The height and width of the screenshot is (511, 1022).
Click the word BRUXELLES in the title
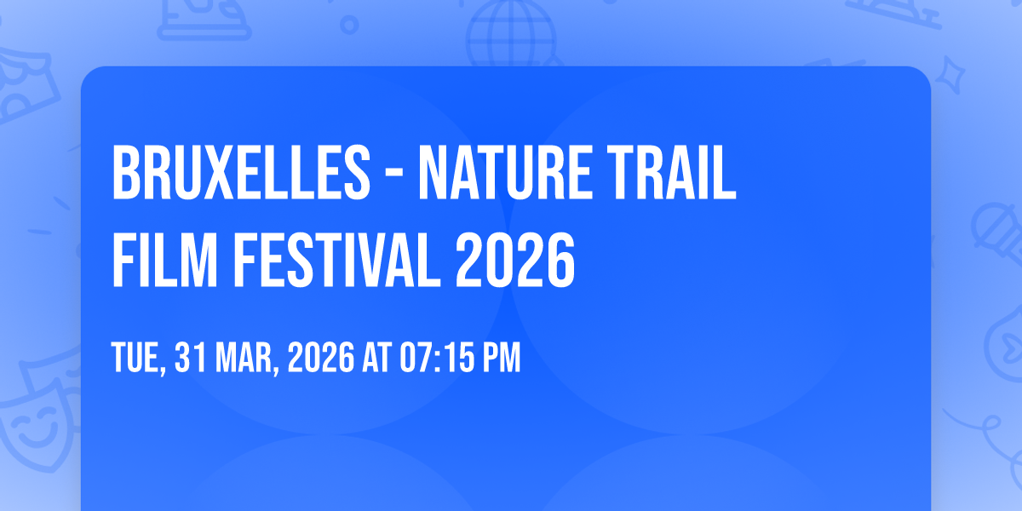pyautogui.click(x=241, y=172)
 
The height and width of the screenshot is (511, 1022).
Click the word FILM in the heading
pyautogui.click(x=164, y=260)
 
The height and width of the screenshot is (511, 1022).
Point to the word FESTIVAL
pyautogui.click(x=336, y=260)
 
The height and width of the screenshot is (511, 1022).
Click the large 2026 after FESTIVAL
pyautogui.click(x=515, y=260)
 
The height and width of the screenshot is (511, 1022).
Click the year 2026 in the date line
pyautogui.click(x=321, y=358)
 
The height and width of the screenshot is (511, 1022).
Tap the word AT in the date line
pyautogui.click(x=376, y=358)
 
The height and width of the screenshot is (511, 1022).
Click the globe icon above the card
pyautogui.click(x=511, y=33)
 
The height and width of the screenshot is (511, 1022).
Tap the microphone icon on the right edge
pyautogui.click(x=997, y=233)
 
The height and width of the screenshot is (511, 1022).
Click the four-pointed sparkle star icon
pyautogui.click(x=950, y=75)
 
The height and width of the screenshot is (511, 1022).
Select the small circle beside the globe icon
pyautogui.click(x=349, y=25)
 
